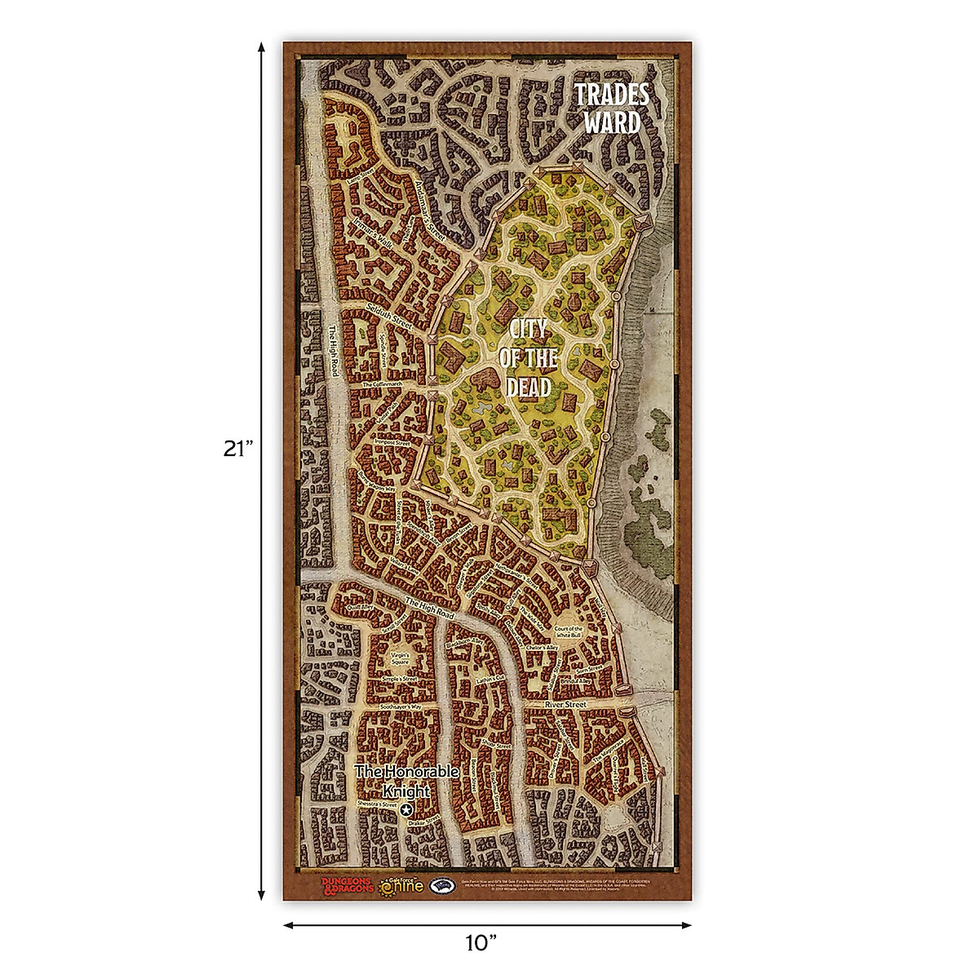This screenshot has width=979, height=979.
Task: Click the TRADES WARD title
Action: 613,107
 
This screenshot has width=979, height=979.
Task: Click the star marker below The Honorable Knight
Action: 406,808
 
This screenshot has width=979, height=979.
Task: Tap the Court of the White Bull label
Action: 569,632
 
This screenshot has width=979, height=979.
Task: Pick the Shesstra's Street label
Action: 376,805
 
